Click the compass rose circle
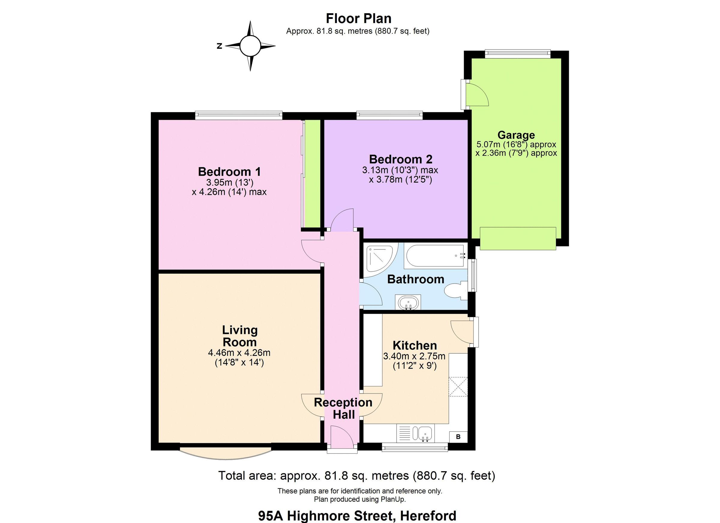pos(250,46)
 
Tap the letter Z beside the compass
pos(219,46)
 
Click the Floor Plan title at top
pos(358,18)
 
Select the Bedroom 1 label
pos(229,171)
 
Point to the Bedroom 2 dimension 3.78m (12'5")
pos(400,180)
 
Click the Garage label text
pos(516,135)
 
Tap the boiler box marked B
pos(458,437)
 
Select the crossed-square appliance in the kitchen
pos(458,387)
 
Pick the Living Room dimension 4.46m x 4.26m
pos(239,353)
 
